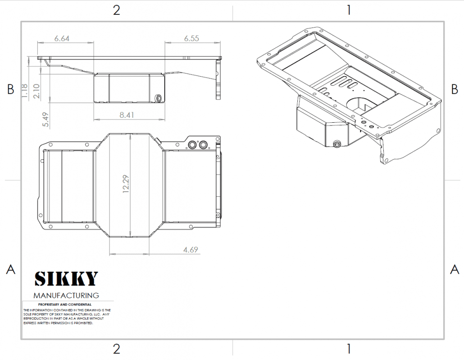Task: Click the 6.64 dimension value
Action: pyautogui.click(x=62, y=39)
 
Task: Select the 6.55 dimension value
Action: pyautogui.click(x=191, y=39)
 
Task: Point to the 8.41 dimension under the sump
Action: pyautogui.click(x=127, y=115)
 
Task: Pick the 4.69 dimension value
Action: pyautogui.click(x=191, y=249)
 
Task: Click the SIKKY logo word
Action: pyautogui.click(x=66, y=279)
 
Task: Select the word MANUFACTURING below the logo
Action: pyautogui.click(x=66, y=296)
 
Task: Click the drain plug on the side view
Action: pyautogui.click(x=159, y=98)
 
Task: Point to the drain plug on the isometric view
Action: pyautogui.click(x=336, y=144)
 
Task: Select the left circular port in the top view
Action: pyautogui.click(x=193, y=144)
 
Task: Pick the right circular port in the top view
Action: pyautogui.click(x=203, y=144)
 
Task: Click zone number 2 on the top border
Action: pyautogui.click(x=116, y=10)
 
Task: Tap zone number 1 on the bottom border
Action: pyautogui.click(x=349, y=349)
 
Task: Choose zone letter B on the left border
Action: pyautogui.click(x=11, y=89)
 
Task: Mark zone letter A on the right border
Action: pyautogui.click(x=455, y=269)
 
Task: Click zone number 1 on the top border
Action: pyautogui.click(x=349, y=10)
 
